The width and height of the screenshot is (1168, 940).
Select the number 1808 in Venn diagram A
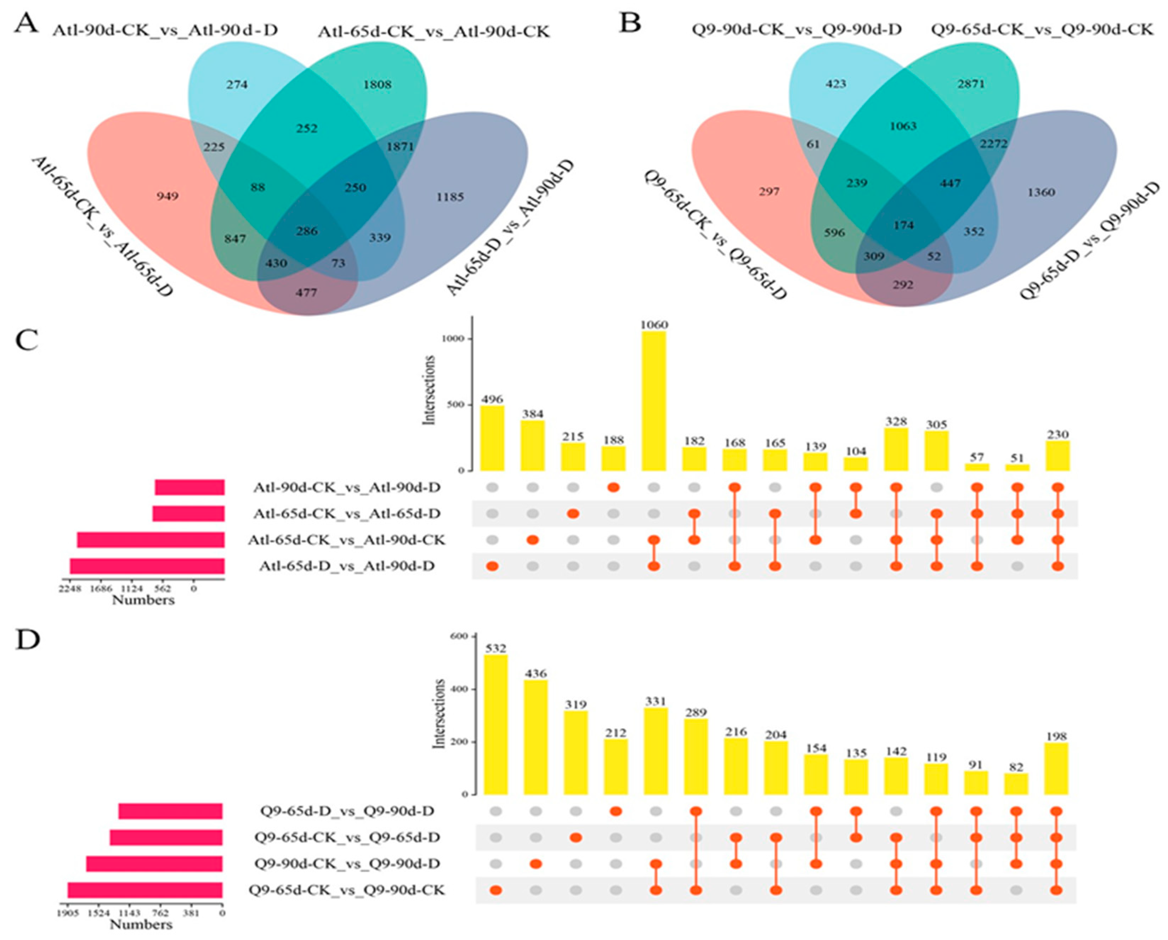click(x=378, y=85)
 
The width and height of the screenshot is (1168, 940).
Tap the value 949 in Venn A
click(x=168, y=196)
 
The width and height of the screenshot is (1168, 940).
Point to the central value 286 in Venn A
click(x=307, y=231)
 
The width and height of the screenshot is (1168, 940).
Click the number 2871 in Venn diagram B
click(x=971, y=84)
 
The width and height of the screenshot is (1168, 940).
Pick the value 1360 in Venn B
click(x=1041, y=192)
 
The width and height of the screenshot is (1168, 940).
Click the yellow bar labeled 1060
click(x=654, y=401)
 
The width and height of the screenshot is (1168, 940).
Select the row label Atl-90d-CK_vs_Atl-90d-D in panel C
click(x=347, y=488)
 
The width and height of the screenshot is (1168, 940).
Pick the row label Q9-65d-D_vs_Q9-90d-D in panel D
click(x=347, y=811)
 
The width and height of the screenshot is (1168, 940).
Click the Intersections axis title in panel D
click(x=440, y=714)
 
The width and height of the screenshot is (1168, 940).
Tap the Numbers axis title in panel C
click(x=143, y=600)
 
